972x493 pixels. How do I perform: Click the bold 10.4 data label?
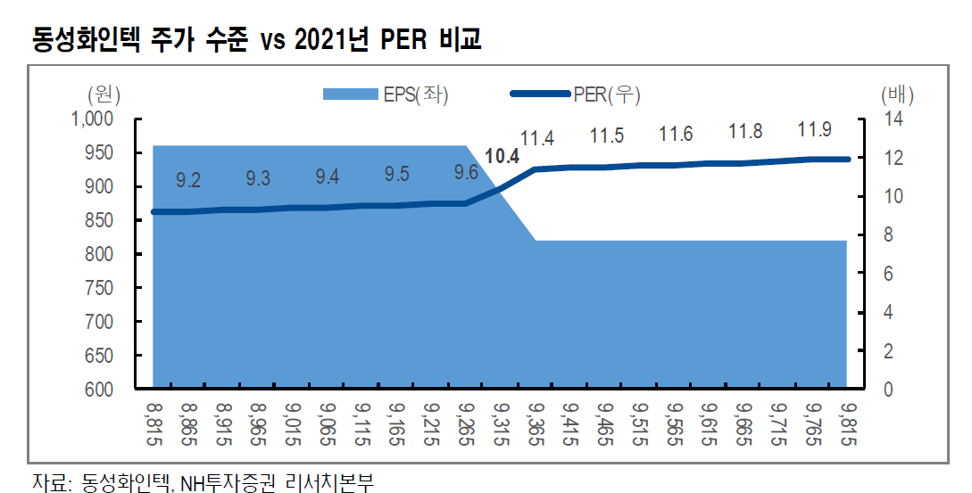click(x=502, y=158)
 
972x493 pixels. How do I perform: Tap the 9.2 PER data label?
click(x=188, y=181)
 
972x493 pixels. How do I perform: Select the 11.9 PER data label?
click(x=814, y=130)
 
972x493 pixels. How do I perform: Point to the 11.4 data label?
click(x=537, y=138)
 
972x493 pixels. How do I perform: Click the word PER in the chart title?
click(x=395, y=41)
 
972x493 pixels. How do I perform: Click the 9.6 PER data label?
click(x=466, y=172)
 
